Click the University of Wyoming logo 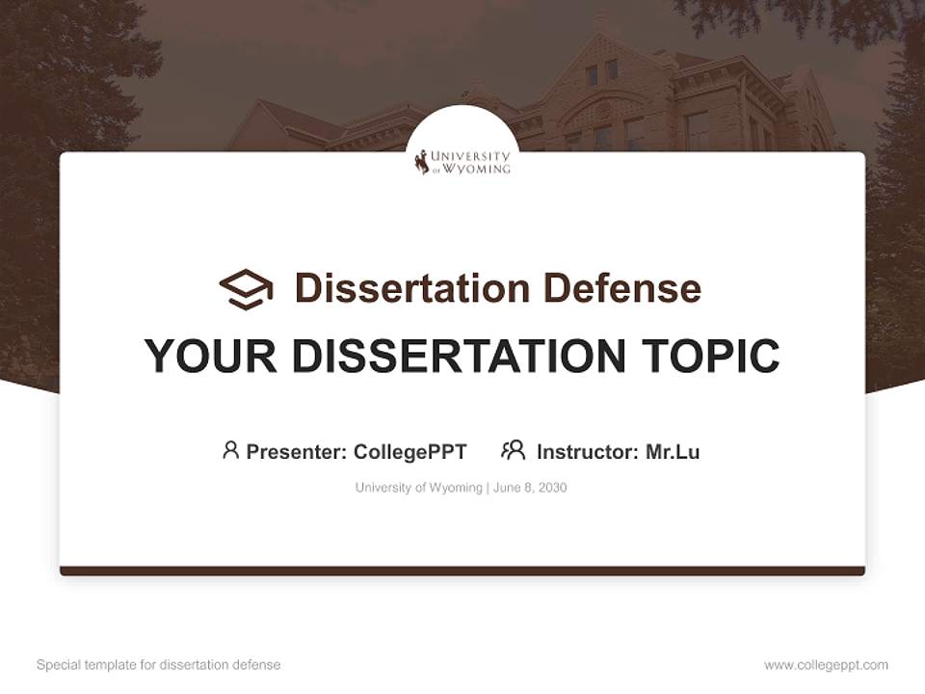tap(463, 161)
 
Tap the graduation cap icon tap(246, 288)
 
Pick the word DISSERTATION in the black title tap(460, 357)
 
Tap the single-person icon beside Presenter tap(230, 450)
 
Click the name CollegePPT tap(410, 451)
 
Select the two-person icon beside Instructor tap(514, 450)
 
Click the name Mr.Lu tap(673, 451)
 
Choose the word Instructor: tap(588, 451)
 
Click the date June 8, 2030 tap(530, 488)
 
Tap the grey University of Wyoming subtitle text tap(418, 488)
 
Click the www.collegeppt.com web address tap(826, 665)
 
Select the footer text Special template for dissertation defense tap(159, 665)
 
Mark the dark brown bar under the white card tap(462, 571)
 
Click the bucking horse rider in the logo tap(422, 162)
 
